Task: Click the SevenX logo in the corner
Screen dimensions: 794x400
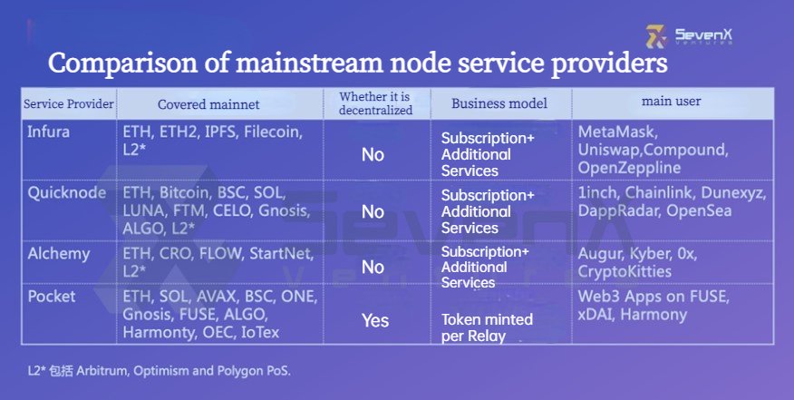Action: click(689, 36)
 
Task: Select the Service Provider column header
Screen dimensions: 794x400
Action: click(69, 104)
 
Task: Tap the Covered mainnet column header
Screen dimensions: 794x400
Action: click(208, 104)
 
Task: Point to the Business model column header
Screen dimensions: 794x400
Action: click(499, 103)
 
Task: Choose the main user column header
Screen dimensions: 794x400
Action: click(671, 101)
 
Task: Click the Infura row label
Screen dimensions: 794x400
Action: click(49, 132)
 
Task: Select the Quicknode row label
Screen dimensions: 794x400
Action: click(67, 193)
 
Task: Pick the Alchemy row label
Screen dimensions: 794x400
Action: click(59, 253)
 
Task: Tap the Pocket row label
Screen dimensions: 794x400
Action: click(52, 296)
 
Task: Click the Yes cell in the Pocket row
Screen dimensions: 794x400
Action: click(375, 320)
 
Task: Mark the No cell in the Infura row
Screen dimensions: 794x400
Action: click(373, 154)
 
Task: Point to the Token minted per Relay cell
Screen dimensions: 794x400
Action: click(487, 327)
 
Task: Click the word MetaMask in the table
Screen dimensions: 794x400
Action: click(618, 132)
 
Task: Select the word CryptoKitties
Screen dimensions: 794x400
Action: click(625, 272)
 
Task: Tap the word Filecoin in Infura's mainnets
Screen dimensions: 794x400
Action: click(273, 132)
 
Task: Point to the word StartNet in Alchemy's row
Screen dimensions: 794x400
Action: click(282, 253)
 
